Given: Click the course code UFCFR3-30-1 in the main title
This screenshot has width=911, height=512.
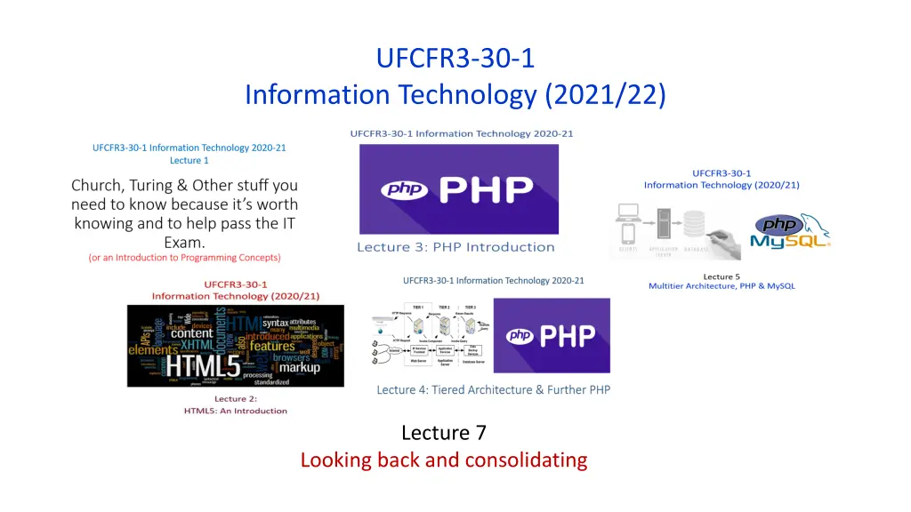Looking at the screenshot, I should [455, 59].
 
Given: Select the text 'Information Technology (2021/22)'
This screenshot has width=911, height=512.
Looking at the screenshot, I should [455, 93].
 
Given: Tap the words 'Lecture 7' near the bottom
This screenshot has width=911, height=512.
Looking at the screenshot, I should [444, 433].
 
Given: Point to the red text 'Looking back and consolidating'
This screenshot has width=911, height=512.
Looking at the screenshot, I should [444, 460].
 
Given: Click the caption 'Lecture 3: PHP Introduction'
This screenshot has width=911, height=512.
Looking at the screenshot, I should [455, 247].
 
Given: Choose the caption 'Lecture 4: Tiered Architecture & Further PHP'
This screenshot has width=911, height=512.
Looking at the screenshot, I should [493, 389].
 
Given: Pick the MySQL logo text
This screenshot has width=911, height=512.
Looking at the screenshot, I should [790, 240].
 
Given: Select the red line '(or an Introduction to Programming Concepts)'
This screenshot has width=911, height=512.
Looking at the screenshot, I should [184, 258].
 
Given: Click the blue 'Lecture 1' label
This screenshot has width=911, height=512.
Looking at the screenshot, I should [189, 161].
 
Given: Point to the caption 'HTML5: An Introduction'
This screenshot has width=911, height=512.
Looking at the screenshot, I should [236, 411].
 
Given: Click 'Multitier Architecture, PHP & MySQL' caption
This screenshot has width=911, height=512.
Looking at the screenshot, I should [722, 286].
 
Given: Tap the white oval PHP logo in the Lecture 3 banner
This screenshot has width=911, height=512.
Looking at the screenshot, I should [405, 189].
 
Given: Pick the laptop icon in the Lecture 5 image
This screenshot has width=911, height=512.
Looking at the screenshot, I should [629, 213].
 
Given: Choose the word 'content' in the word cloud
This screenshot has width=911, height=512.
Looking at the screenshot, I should [192, 334].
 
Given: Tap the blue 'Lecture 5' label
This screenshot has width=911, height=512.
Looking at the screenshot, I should [722, 276].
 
